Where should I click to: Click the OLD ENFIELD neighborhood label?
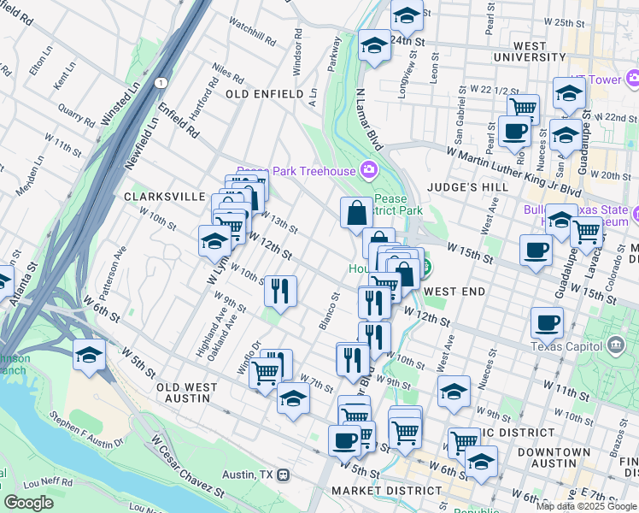click(264, 93)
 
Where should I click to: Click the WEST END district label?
click(454, 292)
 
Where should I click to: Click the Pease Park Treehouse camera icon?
click(369, 168)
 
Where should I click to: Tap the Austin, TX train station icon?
click(284, 475)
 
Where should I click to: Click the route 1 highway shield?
click(160, 83)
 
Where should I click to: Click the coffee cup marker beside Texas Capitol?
click(547, 322)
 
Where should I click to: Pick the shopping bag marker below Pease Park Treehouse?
click(355, 213)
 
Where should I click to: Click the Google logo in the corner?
click(28, 503)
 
